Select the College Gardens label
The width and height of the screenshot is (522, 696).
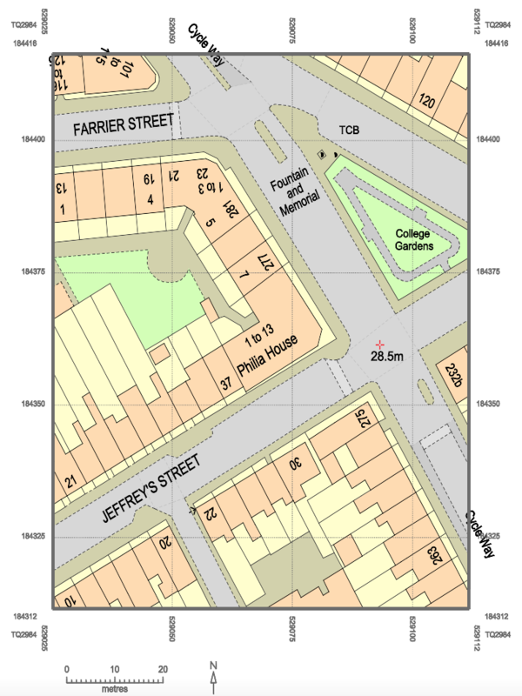412,239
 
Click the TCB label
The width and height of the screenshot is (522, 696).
350,130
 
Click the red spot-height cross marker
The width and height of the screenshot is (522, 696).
380,345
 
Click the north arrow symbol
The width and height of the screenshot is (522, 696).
214,673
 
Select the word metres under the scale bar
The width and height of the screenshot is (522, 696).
114,688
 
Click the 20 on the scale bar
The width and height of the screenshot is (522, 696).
162,668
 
